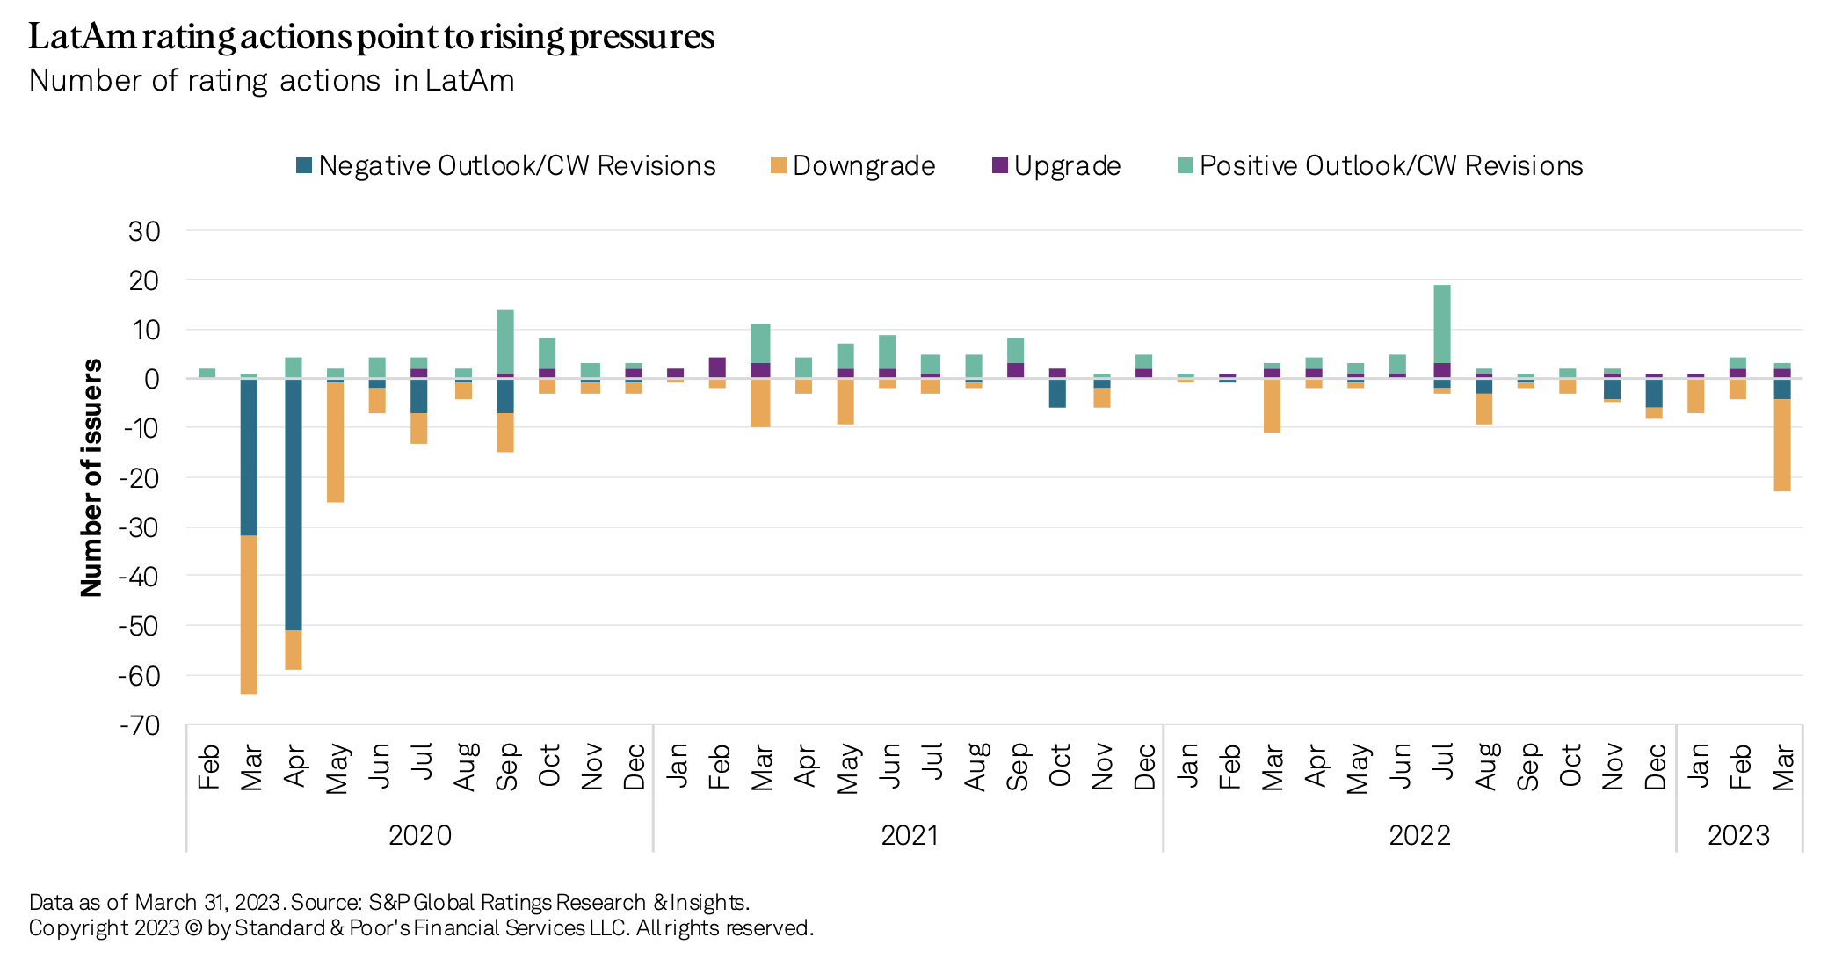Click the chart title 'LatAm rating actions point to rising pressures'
[x=371, y=37]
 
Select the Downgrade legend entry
[x=852, y=166]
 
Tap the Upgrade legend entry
[x=1056, y=166]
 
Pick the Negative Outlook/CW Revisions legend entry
[x=506, y=166]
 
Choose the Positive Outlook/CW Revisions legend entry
[x=1380, y=166]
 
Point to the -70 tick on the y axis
[x=141, y=726]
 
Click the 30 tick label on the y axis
[x=145, y=231]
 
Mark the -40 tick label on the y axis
[x=141, y=578]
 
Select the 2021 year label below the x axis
[x=910, y=835]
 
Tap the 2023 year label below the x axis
[x=1738, y=835]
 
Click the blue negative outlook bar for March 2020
[x=249, y=457]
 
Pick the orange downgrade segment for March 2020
[x=249, y=615]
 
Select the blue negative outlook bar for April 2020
[x=294, y=505]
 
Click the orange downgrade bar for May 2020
[x=335, y=442]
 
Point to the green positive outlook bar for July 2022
[x=1442, y=324]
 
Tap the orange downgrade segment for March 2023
[x=1782, y=445]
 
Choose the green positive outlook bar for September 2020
[x=505, y=342]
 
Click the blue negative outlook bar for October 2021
[x=1058, y=393]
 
